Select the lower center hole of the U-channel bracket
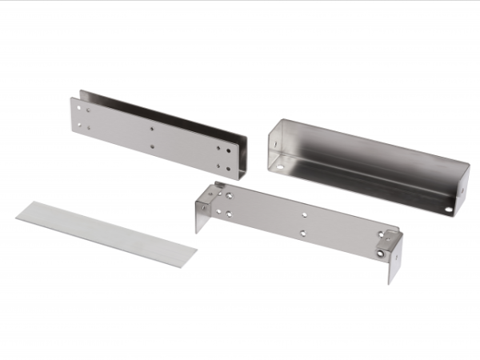pyautogui.click(x=151, y=146)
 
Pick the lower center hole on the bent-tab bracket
pyautogui.click(x=302, y=234)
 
